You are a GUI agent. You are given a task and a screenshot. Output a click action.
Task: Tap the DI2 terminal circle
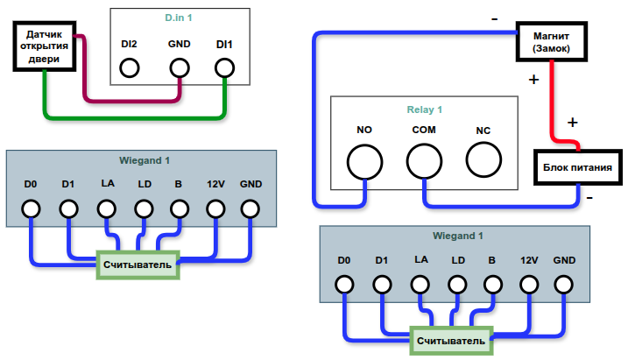(131, 67)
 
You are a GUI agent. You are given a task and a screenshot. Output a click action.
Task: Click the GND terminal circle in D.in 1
(180, 67)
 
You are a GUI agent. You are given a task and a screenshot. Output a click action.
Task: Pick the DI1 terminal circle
(225, 67)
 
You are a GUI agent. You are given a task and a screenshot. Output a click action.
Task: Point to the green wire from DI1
(131, 116)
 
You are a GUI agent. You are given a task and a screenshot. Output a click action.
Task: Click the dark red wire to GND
(131, 100)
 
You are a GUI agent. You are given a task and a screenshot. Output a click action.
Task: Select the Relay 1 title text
(425, 110)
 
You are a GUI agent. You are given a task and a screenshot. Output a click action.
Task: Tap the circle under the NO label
(365, 161)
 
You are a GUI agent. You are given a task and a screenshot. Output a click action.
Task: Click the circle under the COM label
(424, 161)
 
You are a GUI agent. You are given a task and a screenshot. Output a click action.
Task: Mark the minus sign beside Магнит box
(496, 18)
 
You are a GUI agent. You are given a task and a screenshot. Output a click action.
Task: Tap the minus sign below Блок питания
(589, 198)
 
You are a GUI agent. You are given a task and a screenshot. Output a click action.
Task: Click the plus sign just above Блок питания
(573, 122)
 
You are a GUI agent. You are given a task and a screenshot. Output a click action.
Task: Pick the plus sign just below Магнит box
(534, 81)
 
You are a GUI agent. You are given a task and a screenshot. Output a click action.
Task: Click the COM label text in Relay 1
(424, 131)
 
